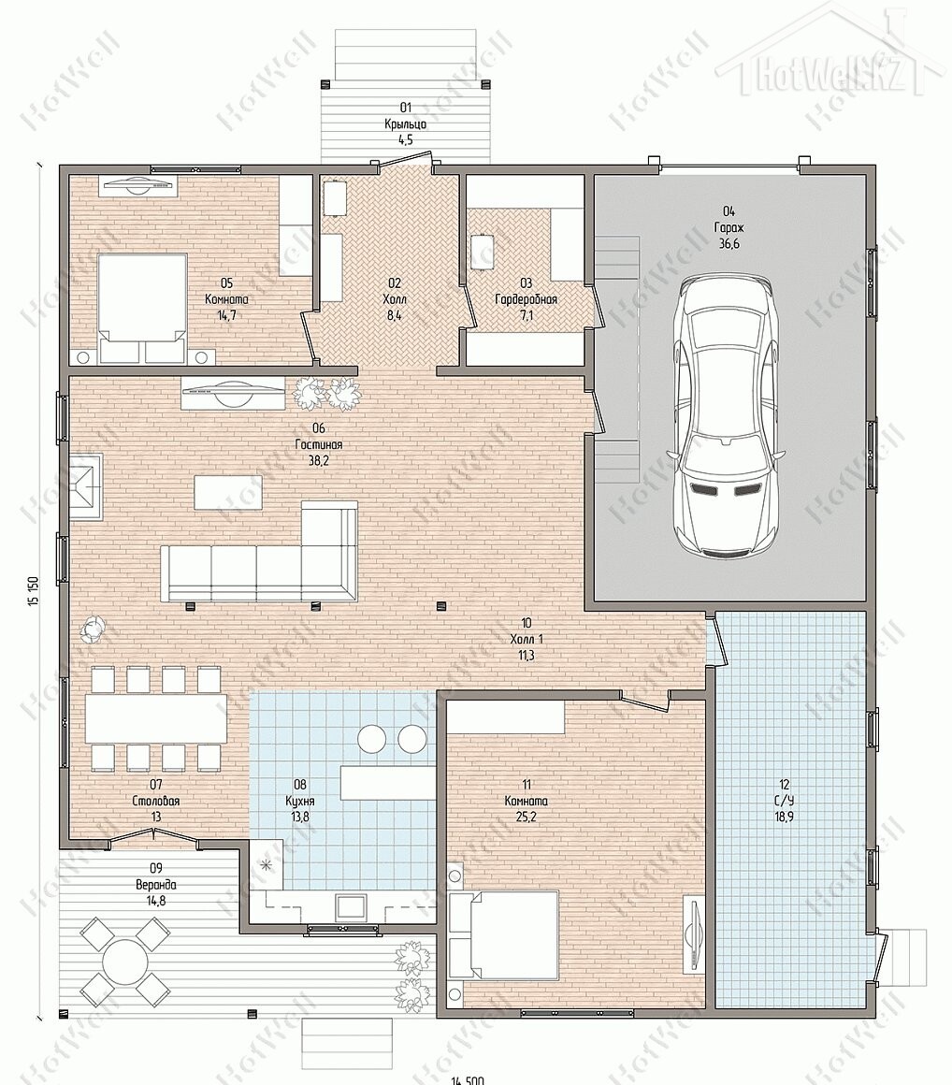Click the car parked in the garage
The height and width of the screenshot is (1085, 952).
[725, 415]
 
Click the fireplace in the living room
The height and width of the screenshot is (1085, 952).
[85, 486]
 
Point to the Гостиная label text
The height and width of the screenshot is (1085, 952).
[318, 445]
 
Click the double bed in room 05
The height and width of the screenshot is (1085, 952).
[143, 309]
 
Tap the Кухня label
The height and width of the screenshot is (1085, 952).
[300, 801]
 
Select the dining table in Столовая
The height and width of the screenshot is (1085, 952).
[155, 718]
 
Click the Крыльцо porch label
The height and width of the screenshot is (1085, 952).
[406, 124]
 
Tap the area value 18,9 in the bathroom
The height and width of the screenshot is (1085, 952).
[784, 817]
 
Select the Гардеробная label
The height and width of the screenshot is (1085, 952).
[526, 299]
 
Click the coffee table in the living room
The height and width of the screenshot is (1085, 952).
[219, 491]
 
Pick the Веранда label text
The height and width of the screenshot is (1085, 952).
[155, 885]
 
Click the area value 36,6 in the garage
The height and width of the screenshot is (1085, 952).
[728, 243]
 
